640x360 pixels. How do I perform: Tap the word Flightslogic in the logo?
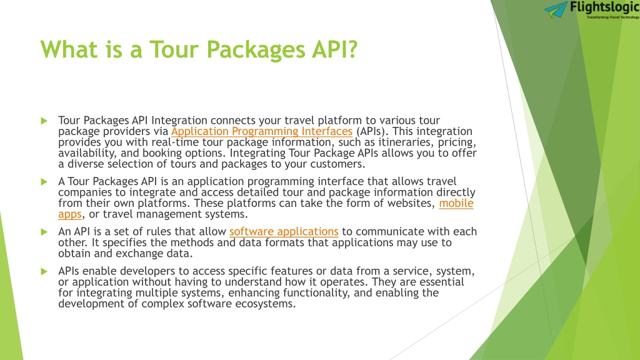[x=605, y=7]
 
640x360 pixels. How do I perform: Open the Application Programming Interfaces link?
[x=262, y=131]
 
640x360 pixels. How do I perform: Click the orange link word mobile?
[x=456, y=203]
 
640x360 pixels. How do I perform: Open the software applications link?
[x=284, y=232]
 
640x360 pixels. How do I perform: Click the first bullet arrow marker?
[x=44, y=121]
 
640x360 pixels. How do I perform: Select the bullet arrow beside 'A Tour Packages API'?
[x=44, y=182]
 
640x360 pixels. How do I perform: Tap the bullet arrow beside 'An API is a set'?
[x=44, y=232]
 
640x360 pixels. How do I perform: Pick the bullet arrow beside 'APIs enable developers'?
[x=44, y=271]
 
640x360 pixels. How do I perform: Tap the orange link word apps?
[x=70, y=215]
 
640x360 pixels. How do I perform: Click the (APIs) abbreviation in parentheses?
[x=371, y=131]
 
